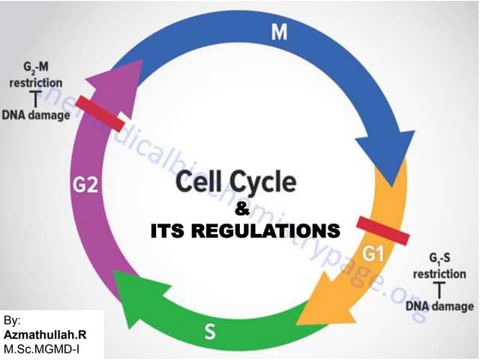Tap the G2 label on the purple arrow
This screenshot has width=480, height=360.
coord(85,184)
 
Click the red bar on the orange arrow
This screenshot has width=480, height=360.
coord(382,230)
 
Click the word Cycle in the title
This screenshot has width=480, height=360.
coord(265,183)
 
